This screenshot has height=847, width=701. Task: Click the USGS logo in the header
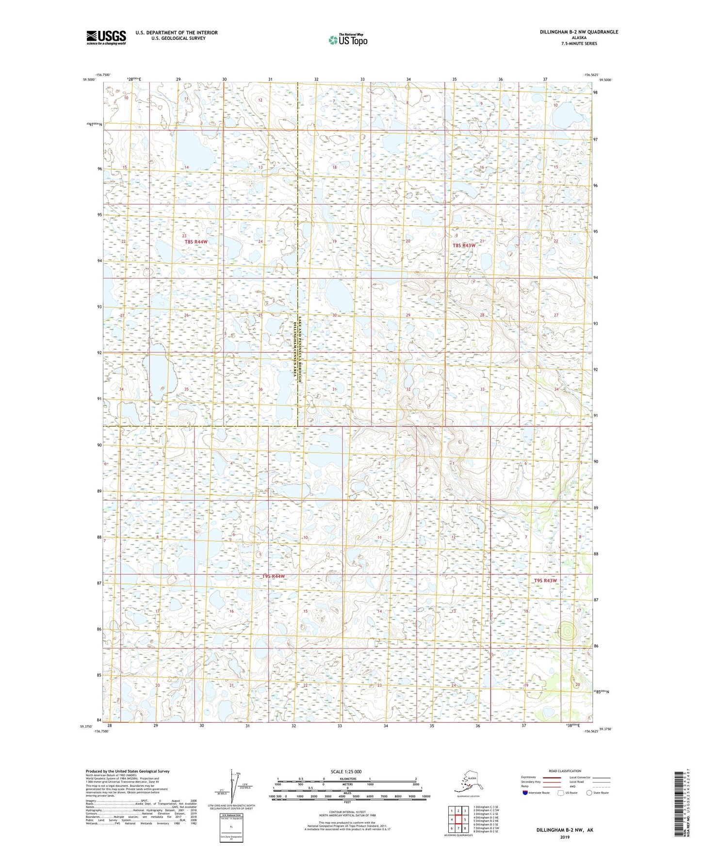(106, 37)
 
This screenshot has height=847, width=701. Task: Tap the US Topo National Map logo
(347, 40)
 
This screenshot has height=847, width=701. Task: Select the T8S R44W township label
(196, 242)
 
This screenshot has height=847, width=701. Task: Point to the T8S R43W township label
(464, 245)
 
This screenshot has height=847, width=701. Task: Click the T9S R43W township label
(545, 581)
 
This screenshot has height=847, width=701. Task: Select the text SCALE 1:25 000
(346, 771)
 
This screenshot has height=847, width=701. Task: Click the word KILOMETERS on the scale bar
(346, 779)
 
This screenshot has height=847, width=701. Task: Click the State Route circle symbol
(589, 793)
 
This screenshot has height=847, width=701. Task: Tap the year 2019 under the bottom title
(565, 837)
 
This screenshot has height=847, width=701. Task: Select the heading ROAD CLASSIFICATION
(565, 771)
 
